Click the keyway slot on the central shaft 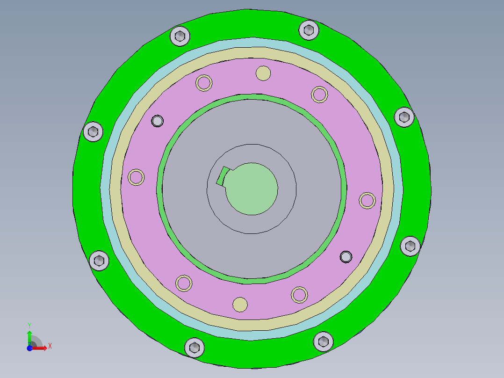pyautogui.click(x=222, y=176)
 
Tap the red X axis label pyautogui.click(x=50, y=346)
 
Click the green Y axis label pyautogui.click(x=29, y=324)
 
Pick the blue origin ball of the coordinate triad pyautogui.click(x=29, y=348)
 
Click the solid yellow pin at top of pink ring pyautogui.click(x=263, y=73)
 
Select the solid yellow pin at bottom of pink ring pyautogui.click(x=240, y=304)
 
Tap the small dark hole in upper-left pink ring pyautogui.click(x=157, y=121)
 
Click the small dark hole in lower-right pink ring pyautogui.click(x=346, y=256)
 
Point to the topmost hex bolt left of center pyautogui.click(x=180, y=36)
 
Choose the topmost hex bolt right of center pyautogui.click(x=309, y=30)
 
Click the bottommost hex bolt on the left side pyautogui.click(x=194, y=347)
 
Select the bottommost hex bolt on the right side pyautogui.click(x=323, y=341)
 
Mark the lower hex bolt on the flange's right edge pyautogui.click(x=410, y=246)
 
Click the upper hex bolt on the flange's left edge pyautogui.click(x=93, y=131)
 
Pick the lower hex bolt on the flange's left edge pyautogui.click(x=99, y=261)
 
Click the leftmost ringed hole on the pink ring pyautogui.click(x=137, y=177)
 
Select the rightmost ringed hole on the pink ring pyautogui.click(x=367, y=200)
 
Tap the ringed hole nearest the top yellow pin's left pyautogui.click(x=204, y=83)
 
